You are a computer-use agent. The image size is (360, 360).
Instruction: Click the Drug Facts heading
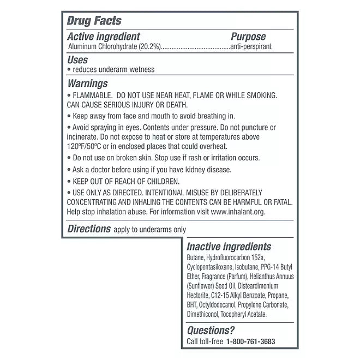(94, 21)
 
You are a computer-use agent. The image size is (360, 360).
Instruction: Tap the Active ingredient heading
(104, 37)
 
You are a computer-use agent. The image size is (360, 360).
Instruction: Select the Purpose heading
(248, 37)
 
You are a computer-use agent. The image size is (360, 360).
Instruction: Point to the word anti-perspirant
(250, 47)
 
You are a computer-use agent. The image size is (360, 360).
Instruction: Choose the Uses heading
(77, 60)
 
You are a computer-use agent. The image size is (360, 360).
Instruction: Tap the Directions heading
(89, 229)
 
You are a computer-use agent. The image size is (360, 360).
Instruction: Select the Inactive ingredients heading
(229, 247)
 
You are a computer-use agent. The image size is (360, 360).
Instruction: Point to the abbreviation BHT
(193, 304)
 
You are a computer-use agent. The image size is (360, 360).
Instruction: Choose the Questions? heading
(211, 330)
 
